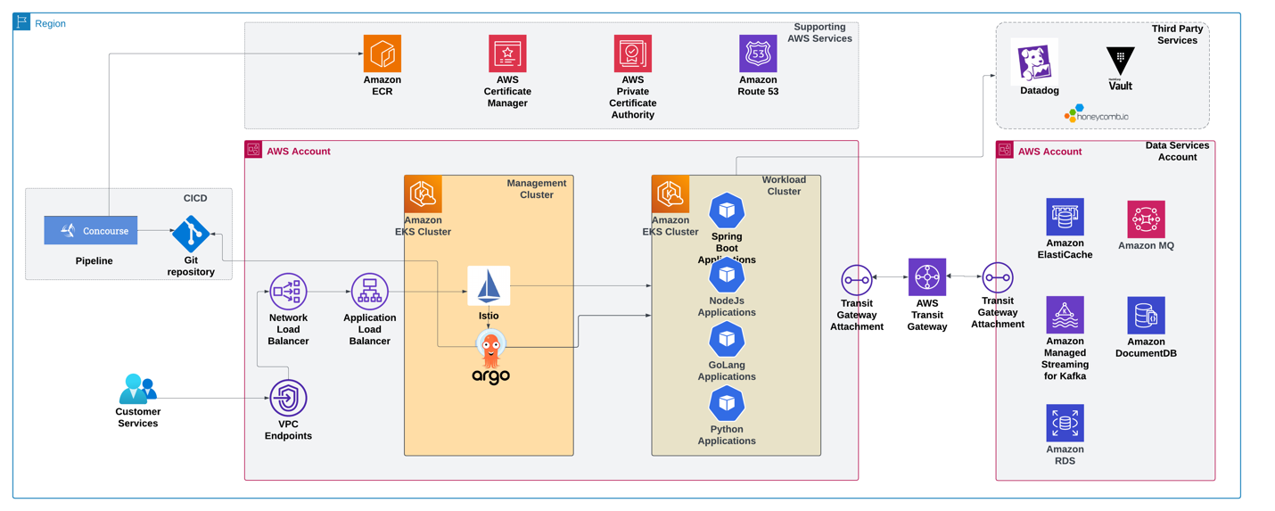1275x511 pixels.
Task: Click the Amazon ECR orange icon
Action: coord(382,54)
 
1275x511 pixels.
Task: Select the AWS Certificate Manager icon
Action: coord(507,54)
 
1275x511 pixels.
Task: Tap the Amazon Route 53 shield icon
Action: coord(758,54)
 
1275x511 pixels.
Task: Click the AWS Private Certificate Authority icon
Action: coord(633,54)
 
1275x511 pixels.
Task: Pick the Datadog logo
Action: coord(1038,62)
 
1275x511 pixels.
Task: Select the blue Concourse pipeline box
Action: coord(91,231)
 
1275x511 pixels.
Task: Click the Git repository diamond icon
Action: coord(191,234)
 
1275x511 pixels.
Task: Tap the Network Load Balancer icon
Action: coord(288,292)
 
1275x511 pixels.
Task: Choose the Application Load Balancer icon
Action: coord(369,292)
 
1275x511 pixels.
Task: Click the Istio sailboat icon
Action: coord(489,286)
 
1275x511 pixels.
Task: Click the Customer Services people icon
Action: coord(137,389)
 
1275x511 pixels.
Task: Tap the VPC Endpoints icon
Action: coord(288,398)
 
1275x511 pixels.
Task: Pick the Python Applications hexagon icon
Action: coord(727,405)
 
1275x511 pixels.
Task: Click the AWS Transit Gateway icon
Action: coord(926,277)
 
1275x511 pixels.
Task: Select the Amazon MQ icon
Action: coord(1146,219)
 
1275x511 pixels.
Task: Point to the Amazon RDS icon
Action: coord(1065,424)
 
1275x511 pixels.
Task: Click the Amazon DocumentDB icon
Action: coord(1146,316)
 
